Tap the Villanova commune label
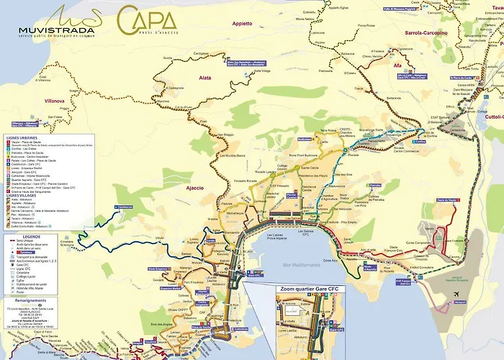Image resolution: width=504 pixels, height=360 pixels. click(x=55, y=101)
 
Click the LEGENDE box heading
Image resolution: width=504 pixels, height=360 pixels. click(x=32, y=235)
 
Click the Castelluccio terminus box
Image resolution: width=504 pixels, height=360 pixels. click(x=123, y=207)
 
